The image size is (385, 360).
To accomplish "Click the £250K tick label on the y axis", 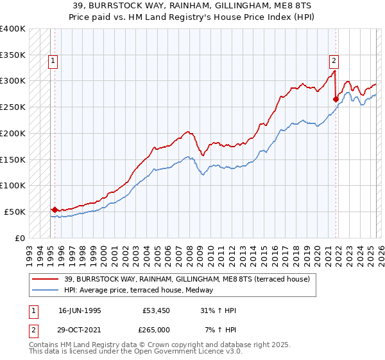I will [x=12, y=107].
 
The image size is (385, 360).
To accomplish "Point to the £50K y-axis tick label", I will [x=15, y=212].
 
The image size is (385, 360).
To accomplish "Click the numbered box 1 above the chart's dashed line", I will [x=52, y=62].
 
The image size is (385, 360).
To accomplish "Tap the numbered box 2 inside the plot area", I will [x=334, y=62].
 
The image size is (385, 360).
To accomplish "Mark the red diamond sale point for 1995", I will [x=55, y=210].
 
